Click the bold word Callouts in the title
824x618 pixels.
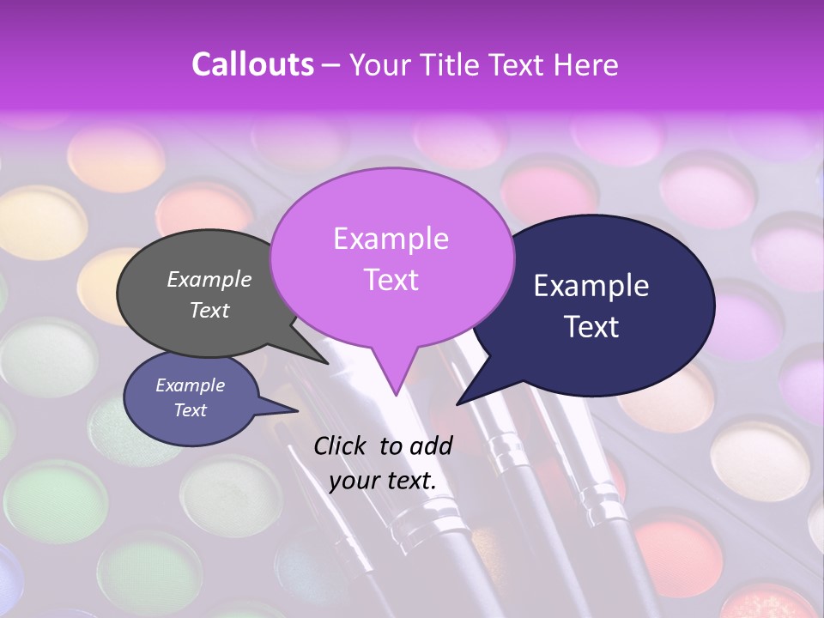253,64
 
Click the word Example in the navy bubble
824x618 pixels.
591,286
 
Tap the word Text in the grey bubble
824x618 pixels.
209,311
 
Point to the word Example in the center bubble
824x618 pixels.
391,239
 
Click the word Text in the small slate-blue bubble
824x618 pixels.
191,410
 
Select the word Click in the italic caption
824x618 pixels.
341,445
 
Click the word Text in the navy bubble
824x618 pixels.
592,327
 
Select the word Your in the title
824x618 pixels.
382,64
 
